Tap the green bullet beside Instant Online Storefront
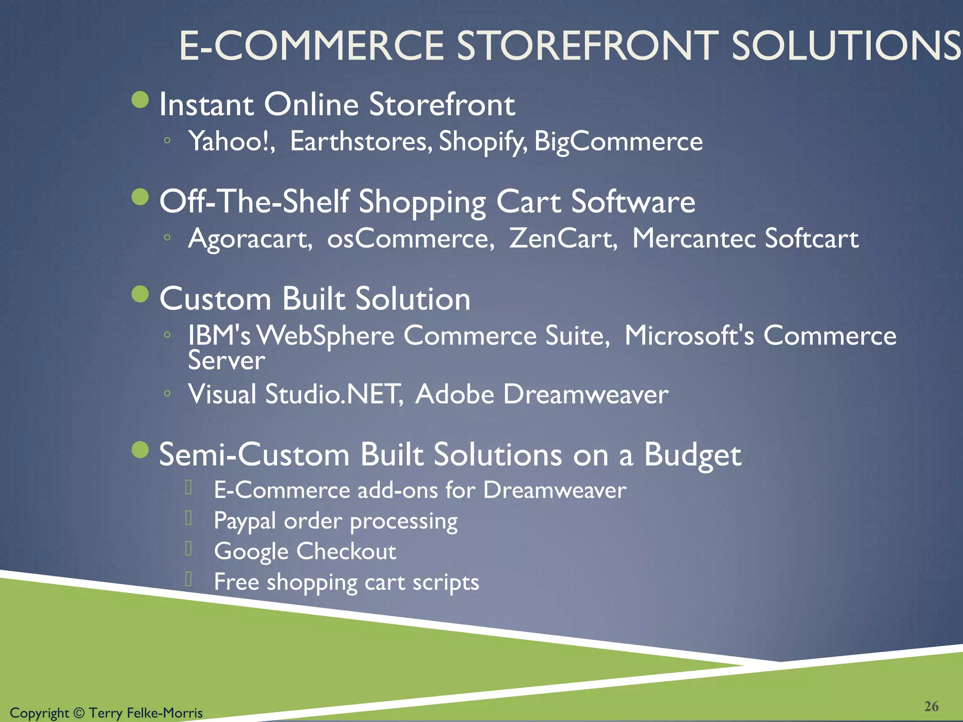point(140,100)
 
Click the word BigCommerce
point(618,141)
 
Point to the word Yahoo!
point(232,141)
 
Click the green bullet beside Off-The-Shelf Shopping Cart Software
point(140,197)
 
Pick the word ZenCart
point(563,238)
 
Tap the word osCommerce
point(410,238)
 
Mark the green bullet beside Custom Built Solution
point(140,294)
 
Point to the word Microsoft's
point(689,336)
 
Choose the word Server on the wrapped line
point(227,361)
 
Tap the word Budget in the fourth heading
point(692,455)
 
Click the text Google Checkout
point(305,551)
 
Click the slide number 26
point(931,706)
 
